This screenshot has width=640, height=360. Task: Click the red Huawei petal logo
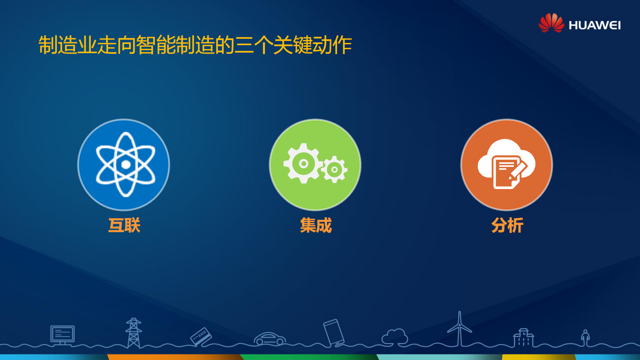pos(551,23)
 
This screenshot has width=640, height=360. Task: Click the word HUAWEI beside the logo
pos(594,25)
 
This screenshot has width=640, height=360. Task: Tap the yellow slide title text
pos(195,45)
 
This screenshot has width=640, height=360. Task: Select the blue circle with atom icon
pos(124,164)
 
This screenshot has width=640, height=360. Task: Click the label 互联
pos(124,225)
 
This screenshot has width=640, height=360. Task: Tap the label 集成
pos(316,225)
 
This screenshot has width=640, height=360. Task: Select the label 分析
pos(507,225)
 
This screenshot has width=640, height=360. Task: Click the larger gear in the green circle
pos(303,164)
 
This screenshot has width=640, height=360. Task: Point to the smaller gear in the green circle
pos(334,169)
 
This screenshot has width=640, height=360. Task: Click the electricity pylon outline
pos(133,333)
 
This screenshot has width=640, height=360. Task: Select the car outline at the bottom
pos(270,339)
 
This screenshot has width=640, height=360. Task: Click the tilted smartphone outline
pos(334,333)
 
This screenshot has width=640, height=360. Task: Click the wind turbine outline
pos(459,329)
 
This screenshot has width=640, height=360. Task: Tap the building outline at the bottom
pos(523,338)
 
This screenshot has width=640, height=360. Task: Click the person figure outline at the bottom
pos(585,337)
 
